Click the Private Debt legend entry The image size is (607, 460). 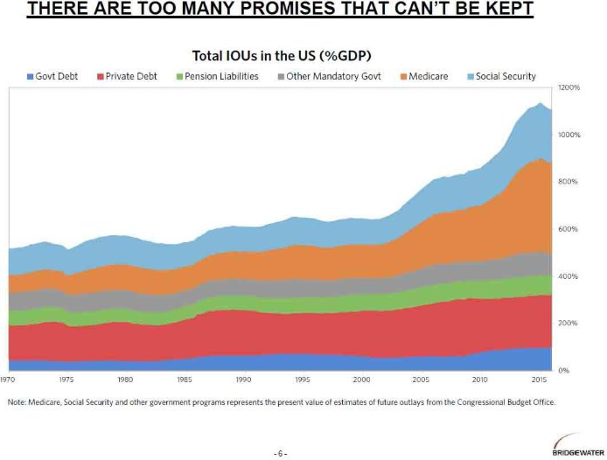(x=129, y=76)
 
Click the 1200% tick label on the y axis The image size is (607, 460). (x=569, y=88)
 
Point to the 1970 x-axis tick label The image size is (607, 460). (x=8, y=380)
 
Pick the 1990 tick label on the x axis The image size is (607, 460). (x=243, y=380)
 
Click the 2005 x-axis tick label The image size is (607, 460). (x=421, y=380)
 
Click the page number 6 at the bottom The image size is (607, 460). (x=280, y=453)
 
